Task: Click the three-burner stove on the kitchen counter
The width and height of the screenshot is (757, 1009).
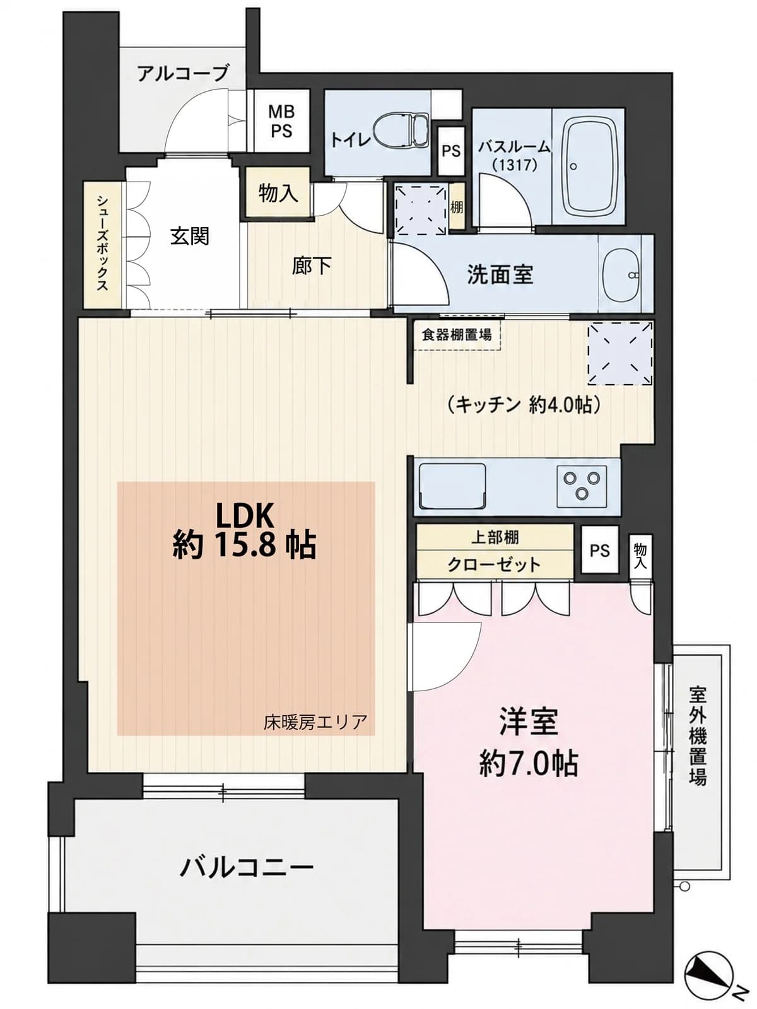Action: [x=582, y=486]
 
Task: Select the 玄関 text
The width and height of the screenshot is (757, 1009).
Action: [x=190, y=236]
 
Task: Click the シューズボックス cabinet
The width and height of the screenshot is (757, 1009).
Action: [x=102, y=245]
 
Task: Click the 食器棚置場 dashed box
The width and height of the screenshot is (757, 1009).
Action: [x=457, y=335]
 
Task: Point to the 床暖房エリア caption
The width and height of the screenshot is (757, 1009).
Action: [x=315, y=722]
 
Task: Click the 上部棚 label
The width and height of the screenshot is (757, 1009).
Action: [x=495, y=537]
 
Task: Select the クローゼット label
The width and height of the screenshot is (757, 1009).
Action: [x=494, y=564]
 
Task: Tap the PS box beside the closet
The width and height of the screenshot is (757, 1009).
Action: [x=600, y=551]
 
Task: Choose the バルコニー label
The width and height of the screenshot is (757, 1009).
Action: [x=247, y=867]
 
